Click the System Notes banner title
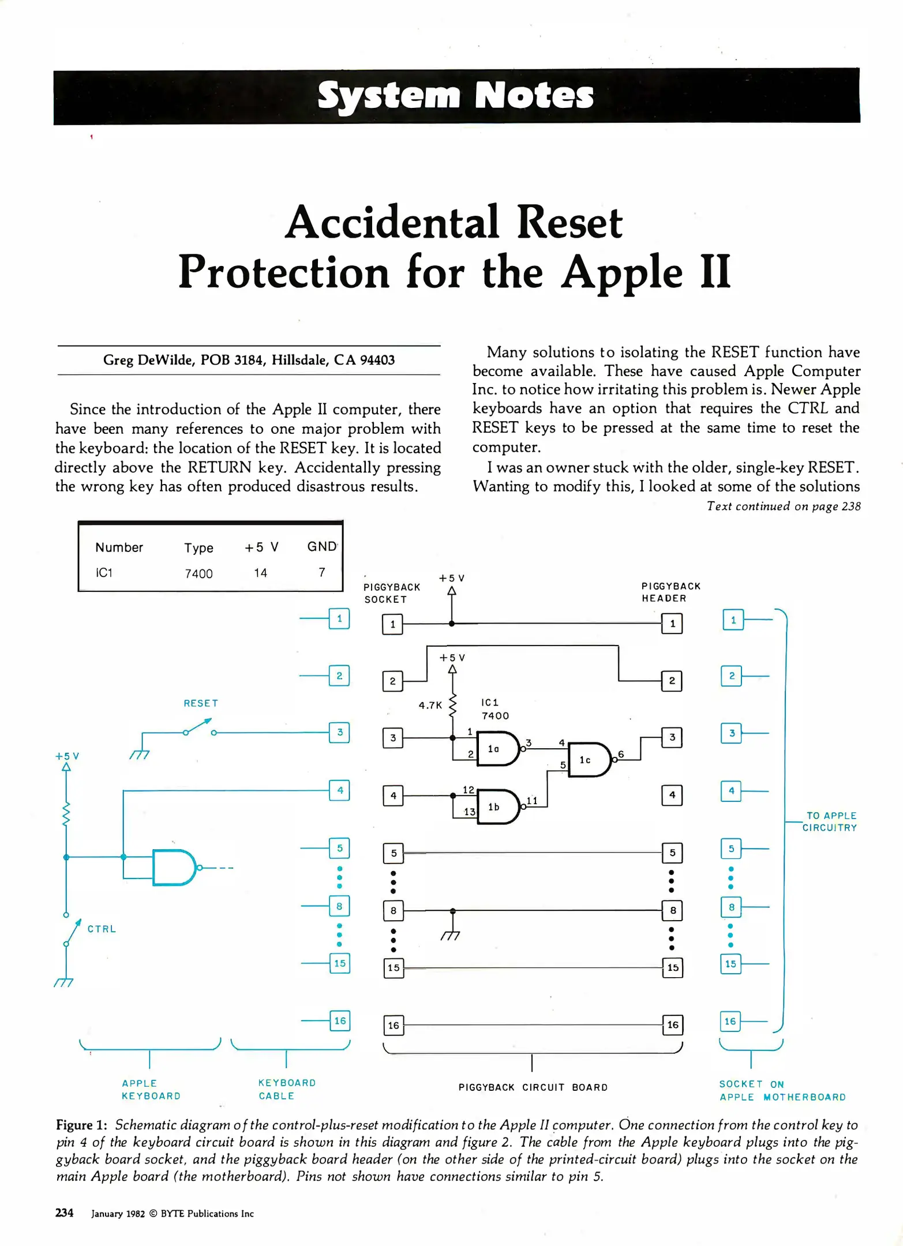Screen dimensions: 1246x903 [x=455, y=95]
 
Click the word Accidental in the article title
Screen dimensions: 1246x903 [x=393, y=223]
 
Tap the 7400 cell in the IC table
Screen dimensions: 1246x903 [x=198, y=573]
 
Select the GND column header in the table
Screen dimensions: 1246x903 [x=321, y=546]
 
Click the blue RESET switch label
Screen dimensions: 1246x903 [x=201, y=703]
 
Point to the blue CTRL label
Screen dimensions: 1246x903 [x=102, y=929]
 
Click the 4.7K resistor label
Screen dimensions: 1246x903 [x=430, y=705]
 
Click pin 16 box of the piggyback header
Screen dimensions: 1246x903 [x=673, y=1025]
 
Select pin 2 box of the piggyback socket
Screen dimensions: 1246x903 [x=393, y=681]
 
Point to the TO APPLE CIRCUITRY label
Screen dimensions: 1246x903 [x=830, y=821]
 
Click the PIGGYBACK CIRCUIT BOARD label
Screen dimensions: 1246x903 [x=533, y=1087]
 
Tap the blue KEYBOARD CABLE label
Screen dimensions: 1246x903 [x=287, y=1089]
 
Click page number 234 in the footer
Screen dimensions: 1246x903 [x=64, y=1213]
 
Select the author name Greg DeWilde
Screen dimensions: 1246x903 [x=149, y=360]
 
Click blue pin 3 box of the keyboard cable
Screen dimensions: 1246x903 [x=340, y=733]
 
